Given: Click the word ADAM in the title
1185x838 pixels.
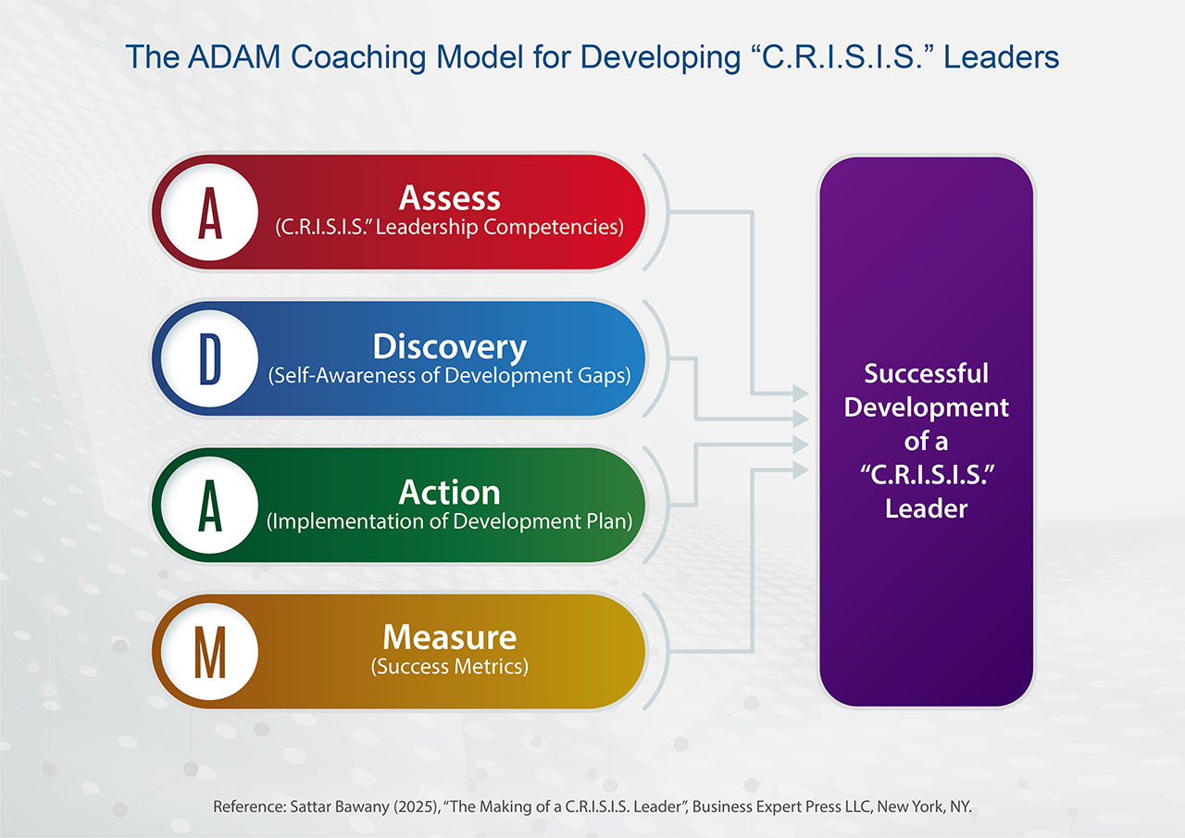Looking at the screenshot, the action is click(234, 56).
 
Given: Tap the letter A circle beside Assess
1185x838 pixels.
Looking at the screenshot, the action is click(209, 212).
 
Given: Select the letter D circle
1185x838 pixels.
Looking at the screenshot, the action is click(209, 358).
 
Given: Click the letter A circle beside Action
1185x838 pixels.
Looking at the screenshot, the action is click(209, 506).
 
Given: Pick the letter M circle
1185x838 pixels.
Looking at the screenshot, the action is click(209, 652).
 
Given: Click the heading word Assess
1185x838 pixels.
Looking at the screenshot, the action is click(450, 198).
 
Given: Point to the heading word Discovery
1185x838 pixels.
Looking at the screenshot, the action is click(450, 347).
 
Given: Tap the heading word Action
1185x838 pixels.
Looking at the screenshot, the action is click(450, 493).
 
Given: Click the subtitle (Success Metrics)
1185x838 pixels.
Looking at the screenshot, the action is click(450, 667).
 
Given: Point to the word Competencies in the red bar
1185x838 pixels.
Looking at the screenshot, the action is click(554, 227).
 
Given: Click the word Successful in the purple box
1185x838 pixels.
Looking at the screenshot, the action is click(927, 373).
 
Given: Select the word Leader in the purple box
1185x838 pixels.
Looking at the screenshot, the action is click(927, 509).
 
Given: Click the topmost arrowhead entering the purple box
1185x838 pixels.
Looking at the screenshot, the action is click(801, 394).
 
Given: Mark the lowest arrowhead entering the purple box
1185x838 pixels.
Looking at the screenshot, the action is click(801, 469).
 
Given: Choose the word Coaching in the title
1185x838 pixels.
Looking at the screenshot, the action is click(358, 57).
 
